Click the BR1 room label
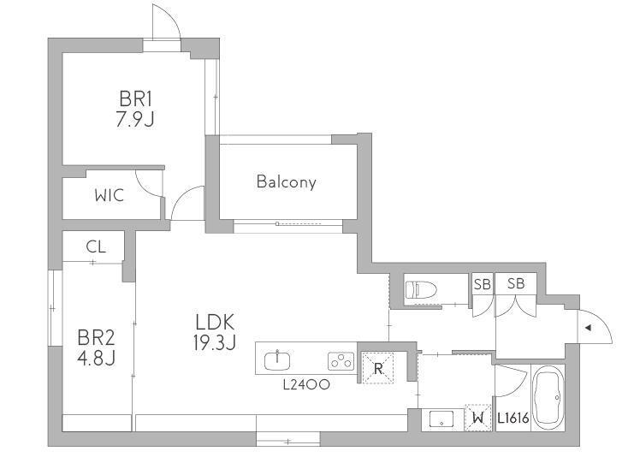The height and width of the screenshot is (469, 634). coord(135,99)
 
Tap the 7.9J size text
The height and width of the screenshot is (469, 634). coord(135,119)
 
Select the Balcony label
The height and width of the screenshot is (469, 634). coord(287,181)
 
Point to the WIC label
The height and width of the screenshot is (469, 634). coord(110,196)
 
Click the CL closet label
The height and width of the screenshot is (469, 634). coord(96,246)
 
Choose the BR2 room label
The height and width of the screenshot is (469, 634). coord(96,337)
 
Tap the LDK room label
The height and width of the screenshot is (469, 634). coord(215,323)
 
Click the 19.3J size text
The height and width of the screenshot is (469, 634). coord(215,343)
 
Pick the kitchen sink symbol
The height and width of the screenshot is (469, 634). coord(277,360)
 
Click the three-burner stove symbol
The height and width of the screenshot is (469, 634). coord(341,361)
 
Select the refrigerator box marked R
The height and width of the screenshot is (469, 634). coord(378,368)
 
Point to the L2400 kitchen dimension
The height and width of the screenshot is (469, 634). coord(306,384)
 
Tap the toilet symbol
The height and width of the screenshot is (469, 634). coord(421,290)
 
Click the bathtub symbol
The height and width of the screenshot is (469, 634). coord(548,398)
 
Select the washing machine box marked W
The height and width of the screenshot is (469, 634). coord(478,418)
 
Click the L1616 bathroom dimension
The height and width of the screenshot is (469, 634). coord(513,418)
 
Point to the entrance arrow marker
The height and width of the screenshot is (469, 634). coord(589,328)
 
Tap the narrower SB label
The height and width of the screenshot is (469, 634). coord(482,284)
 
